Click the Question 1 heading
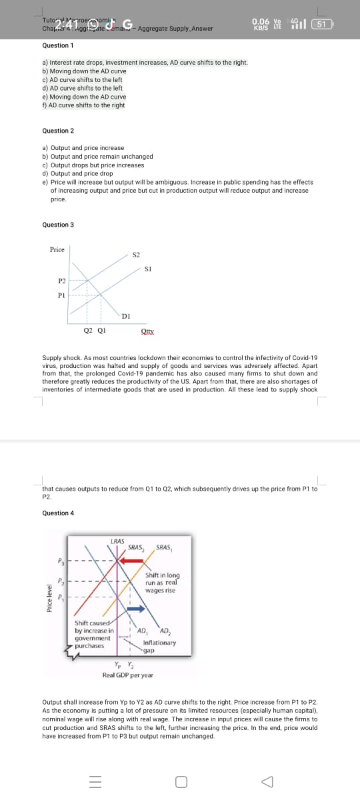[x=57, y=45]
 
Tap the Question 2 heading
[x=57, y=131]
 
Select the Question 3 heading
[x=57, y=225]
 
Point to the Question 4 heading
[x=57, y=513]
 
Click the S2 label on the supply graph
[x=136, y=255]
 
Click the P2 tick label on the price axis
[x=61, y=281]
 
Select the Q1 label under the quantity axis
[x=101, y=329]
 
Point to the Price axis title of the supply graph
[x=57, y=249]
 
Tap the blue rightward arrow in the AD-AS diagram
[x=135, y=609]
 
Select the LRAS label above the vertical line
[x=117, y=541]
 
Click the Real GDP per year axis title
[x=127, y=675]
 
